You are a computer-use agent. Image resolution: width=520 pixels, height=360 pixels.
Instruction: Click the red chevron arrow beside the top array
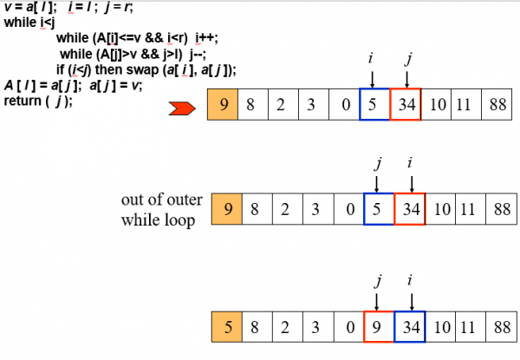point(184,107)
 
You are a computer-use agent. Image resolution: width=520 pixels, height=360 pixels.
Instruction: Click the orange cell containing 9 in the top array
point(224,106)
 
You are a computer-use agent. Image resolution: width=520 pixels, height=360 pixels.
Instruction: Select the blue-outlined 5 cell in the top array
point(374,106)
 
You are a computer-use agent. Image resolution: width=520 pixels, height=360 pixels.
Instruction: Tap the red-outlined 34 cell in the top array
point(406,106)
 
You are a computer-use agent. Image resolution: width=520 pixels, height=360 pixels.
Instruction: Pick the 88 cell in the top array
point(498,106)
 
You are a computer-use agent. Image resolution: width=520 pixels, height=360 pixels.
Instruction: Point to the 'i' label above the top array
point(371,59)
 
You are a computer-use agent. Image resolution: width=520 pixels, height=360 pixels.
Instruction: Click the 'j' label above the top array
point(408,59)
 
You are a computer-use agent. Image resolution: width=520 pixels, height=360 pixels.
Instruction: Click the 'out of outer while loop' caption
point(162,209)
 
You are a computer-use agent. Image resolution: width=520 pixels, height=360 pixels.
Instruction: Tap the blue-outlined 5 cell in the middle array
point(378,208)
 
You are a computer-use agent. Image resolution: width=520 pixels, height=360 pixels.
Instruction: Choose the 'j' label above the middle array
point(378,161)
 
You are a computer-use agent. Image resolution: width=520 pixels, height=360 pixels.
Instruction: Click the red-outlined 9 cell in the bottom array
point(378,328)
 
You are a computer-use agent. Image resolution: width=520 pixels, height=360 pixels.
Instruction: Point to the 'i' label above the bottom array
point(410,280)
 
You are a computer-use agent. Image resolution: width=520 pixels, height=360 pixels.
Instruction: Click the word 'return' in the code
point(22,101)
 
